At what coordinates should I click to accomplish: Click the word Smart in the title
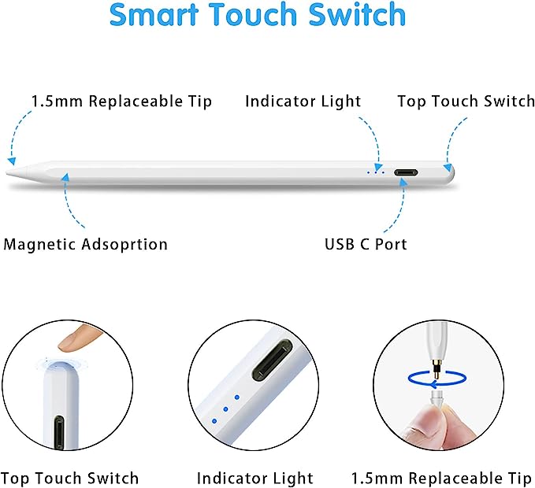pos(154,14)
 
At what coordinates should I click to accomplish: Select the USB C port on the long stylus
pos(406,172)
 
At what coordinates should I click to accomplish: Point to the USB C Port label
pos(366,244)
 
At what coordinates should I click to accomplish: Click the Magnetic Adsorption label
pos(85,244)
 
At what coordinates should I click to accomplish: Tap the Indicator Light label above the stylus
pos(303,102)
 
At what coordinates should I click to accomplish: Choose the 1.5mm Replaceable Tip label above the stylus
pos(121,102)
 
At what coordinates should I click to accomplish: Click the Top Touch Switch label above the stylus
pos(466,102)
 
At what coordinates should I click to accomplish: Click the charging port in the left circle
pos(59,432)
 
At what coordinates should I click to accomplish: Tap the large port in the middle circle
pos(273,360)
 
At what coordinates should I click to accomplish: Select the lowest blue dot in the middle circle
pos(214,421)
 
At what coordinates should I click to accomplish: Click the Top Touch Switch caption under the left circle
pos(69,478)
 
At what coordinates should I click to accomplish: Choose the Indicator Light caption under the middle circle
pos(254,478)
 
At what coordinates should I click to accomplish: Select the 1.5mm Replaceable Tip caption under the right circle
pos(441,478)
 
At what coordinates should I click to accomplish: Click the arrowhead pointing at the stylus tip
pos(12,161)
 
